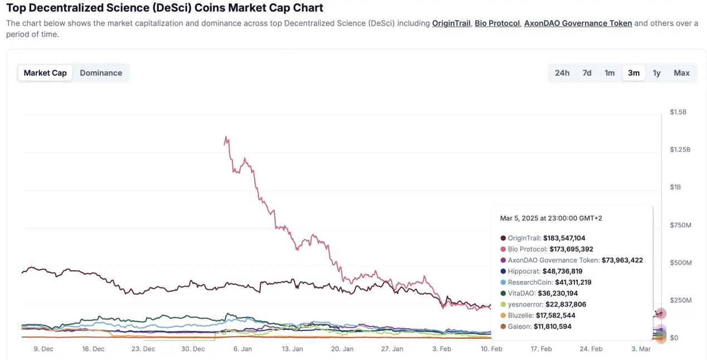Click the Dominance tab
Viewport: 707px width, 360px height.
pos(101,73)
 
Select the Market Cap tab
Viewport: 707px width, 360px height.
pos(45,73)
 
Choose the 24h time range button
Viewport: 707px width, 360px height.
pos(562,73)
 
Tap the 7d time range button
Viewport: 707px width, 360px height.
pos(587,73)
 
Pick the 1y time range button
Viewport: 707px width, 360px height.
pos(657,73)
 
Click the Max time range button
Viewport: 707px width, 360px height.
pos(681,73)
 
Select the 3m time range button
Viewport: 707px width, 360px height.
pos(633,73)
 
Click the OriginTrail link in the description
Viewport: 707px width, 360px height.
pos(451,23)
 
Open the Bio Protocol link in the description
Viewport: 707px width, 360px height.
pos(497,23)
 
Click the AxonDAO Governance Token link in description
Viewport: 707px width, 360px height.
pos(578,23)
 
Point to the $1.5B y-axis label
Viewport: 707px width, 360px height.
pos(678,112)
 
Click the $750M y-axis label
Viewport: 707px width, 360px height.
pos(680,225)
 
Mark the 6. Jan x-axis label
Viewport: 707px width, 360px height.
pos(242,349)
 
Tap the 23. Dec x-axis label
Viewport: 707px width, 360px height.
pos(143,349)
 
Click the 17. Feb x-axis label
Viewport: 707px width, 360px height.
pos(541,349)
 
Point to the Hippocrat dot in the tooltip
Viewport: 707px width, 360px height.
pos(504,271)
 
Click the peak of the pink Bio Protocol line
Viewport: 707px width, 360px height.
pos(226,137)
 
